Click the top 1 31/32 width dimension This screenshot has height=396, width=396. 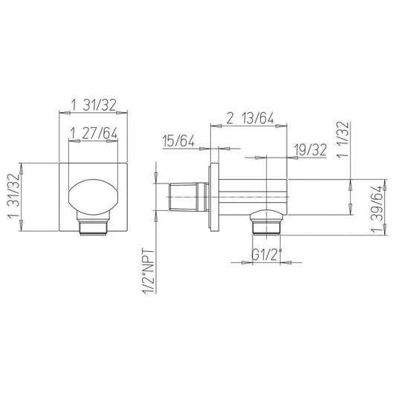[94, 105]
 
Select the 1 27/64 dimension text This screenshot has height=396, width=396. [94, 133]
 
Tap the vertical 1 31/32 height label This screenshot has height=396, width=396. [14, 196]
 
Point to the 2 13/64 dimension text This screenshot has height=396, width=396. [250, 118]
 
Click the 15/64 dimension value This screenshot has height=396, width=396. [178, 140]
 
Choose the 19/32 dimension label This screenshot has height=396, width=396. [311, 150]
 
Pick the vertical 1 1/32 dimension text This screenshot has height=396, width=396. [343, 140]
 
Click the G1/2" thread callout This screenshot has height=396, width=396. [267, 256]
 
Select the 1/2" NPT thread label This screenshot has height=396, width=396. [149, 271]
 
